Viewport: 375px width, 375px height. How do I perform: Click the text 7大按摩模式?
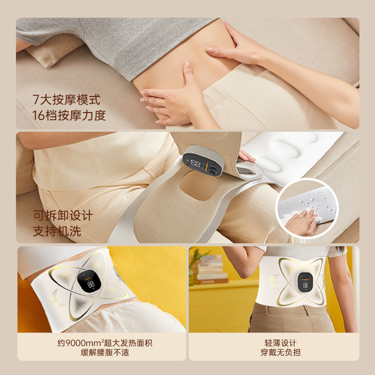(x=66, y=100)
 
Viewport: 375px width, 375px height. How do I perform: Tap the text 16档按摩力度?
(x=69, y=115)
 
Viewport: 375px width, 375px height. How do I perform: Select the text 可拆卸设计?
(x=63, y=216)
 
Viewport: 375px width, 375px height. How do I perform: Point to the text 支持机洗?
(x=57, y=232)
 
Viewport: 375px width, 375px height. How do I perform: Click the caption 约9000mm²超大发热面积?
(x=102, y=343)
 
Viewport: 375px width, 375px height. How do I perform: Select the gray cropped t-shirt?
(x=117, y=40)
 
